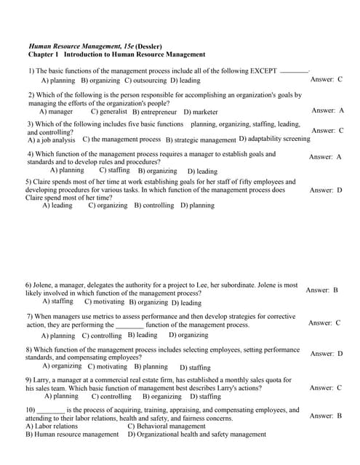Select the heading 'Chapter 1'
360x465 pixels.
click(x=44, y=54)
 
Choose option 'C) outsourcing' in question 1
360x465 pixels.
click(x=145, y=81)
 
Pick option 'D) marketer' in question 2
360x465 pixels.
click(x=201, y=113)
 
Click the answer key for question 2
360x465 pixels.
click(x=328, y=110)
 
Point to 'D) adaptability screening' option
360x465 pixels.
click(x=274, y=139)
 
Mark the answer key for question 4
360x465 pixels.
click(x=325, y=157)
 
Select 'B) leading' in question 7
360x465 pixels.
click(x=143, y=335)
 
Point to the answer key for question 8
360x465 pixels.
click(x=327, y=354)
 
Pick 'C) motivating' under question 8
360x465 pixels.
click(x=107, y=367)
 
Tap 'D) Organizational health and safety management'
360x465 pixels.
click(x=197, y=434)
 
